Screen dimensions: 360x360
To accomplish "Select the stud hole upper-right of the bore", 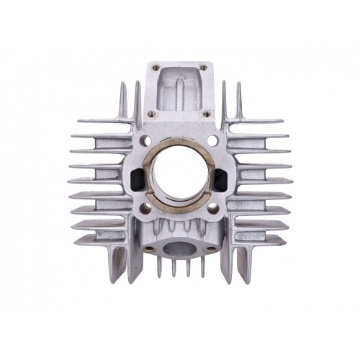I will tap(212, 140).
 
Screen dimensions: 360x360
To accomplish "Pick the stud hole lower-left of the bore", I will tap(147, 207).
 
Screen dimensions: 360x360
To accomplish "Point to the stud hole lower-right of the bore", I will tap(213, 207).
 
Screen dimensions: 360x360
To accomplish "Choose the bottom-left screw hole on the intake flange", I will tap(152, 113).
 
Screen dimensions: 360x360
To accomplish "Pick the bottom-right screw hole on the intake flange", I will tap(207, 113).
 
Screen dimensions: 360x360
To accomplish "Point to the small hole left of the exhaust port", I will tap(149, 248).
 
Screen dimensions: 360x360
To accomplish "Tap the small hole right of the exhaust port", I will tap(210, 248).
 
